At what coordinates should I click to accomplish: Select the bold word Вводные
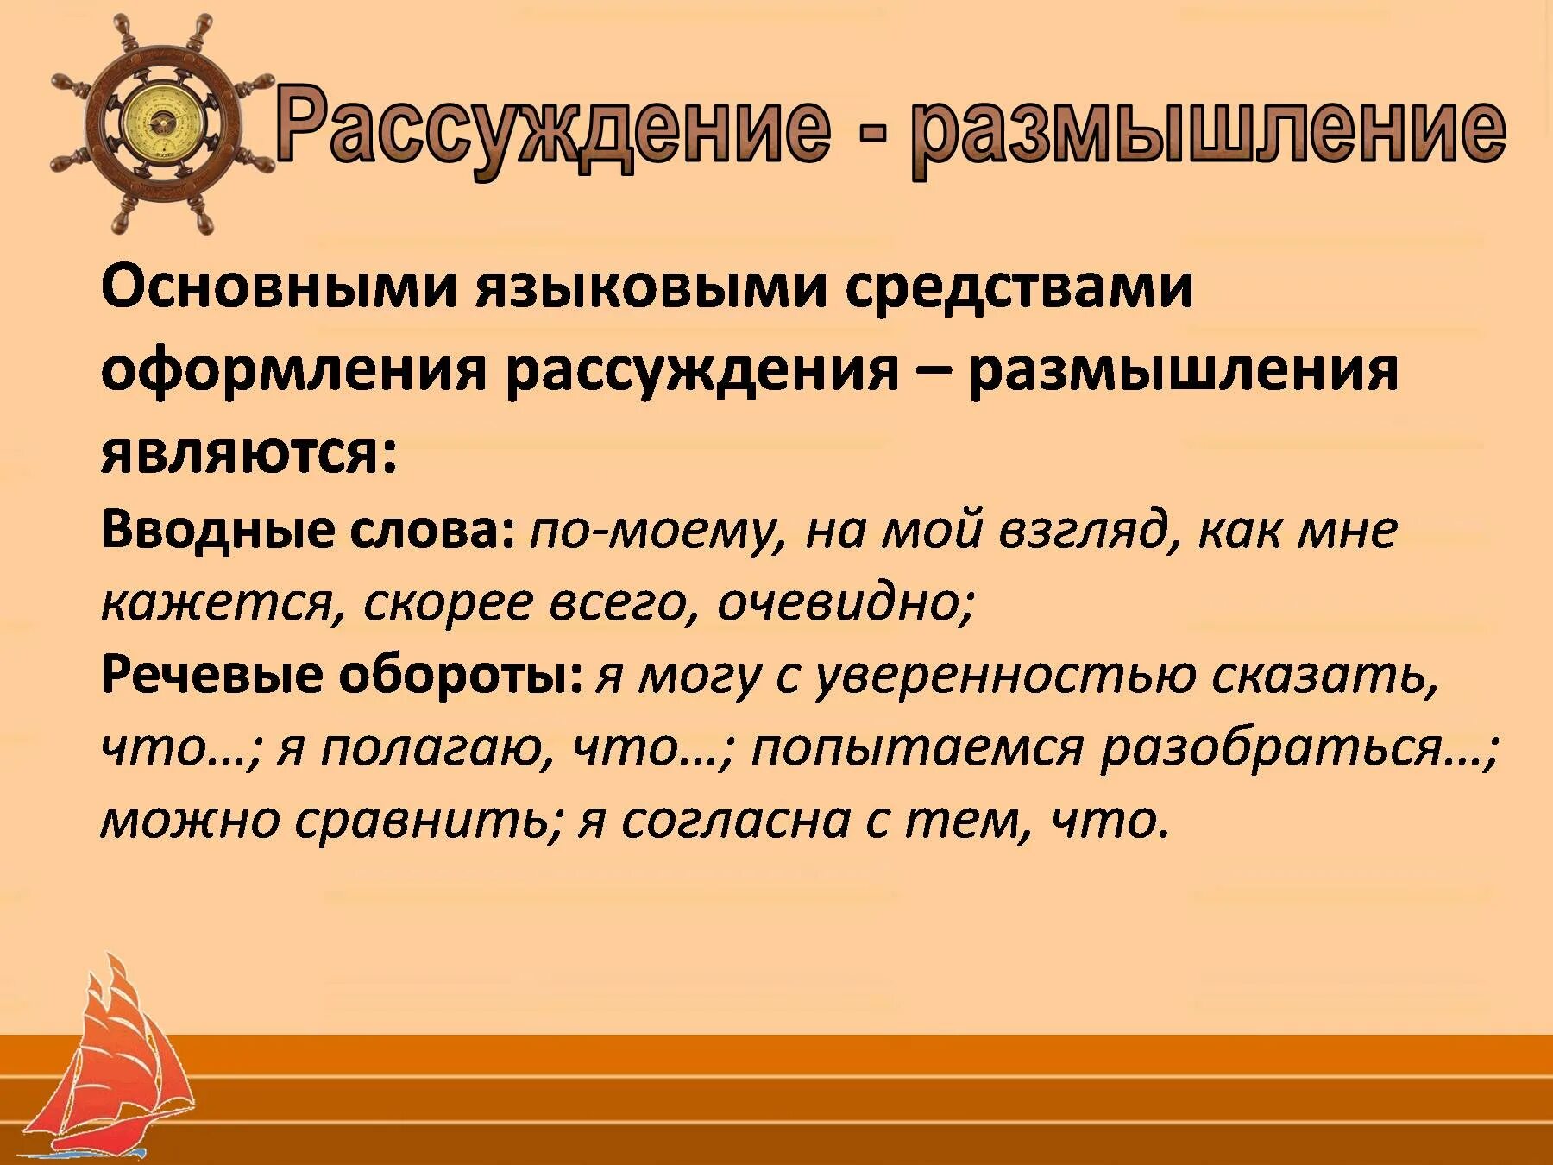tap(217, 529)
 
